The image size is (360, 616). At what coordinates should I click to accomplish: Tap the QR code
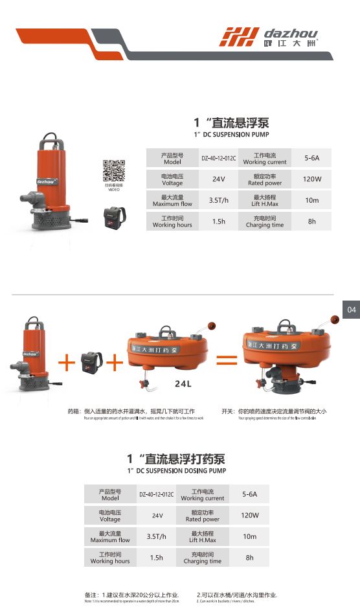(114, 170)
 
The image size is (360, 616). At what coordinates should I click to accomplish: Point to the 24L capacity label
(184, 383)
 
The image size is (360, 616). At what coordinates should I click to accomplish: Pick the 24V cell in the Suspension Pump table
(218, 179)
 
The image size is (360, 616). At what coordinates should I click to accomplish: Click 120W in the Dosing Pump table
(250, 516)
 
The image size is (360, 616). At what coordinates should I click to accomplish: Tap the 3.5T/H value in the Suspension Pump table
(218, 201)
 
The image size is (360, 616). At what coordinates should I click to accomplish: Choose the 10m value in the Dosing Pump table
(250, 536)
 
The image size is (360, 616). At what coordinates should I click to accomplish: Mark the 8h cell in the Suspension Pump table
(312, 222)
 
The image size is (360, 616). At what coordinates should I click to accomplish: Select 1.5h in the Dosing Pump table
(156, 558)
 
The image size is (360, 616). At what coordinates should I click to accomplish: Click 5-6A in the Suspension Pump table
(312, 158)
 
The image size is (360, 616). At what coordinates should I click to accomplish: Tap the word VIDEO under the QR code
(114, 190)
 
